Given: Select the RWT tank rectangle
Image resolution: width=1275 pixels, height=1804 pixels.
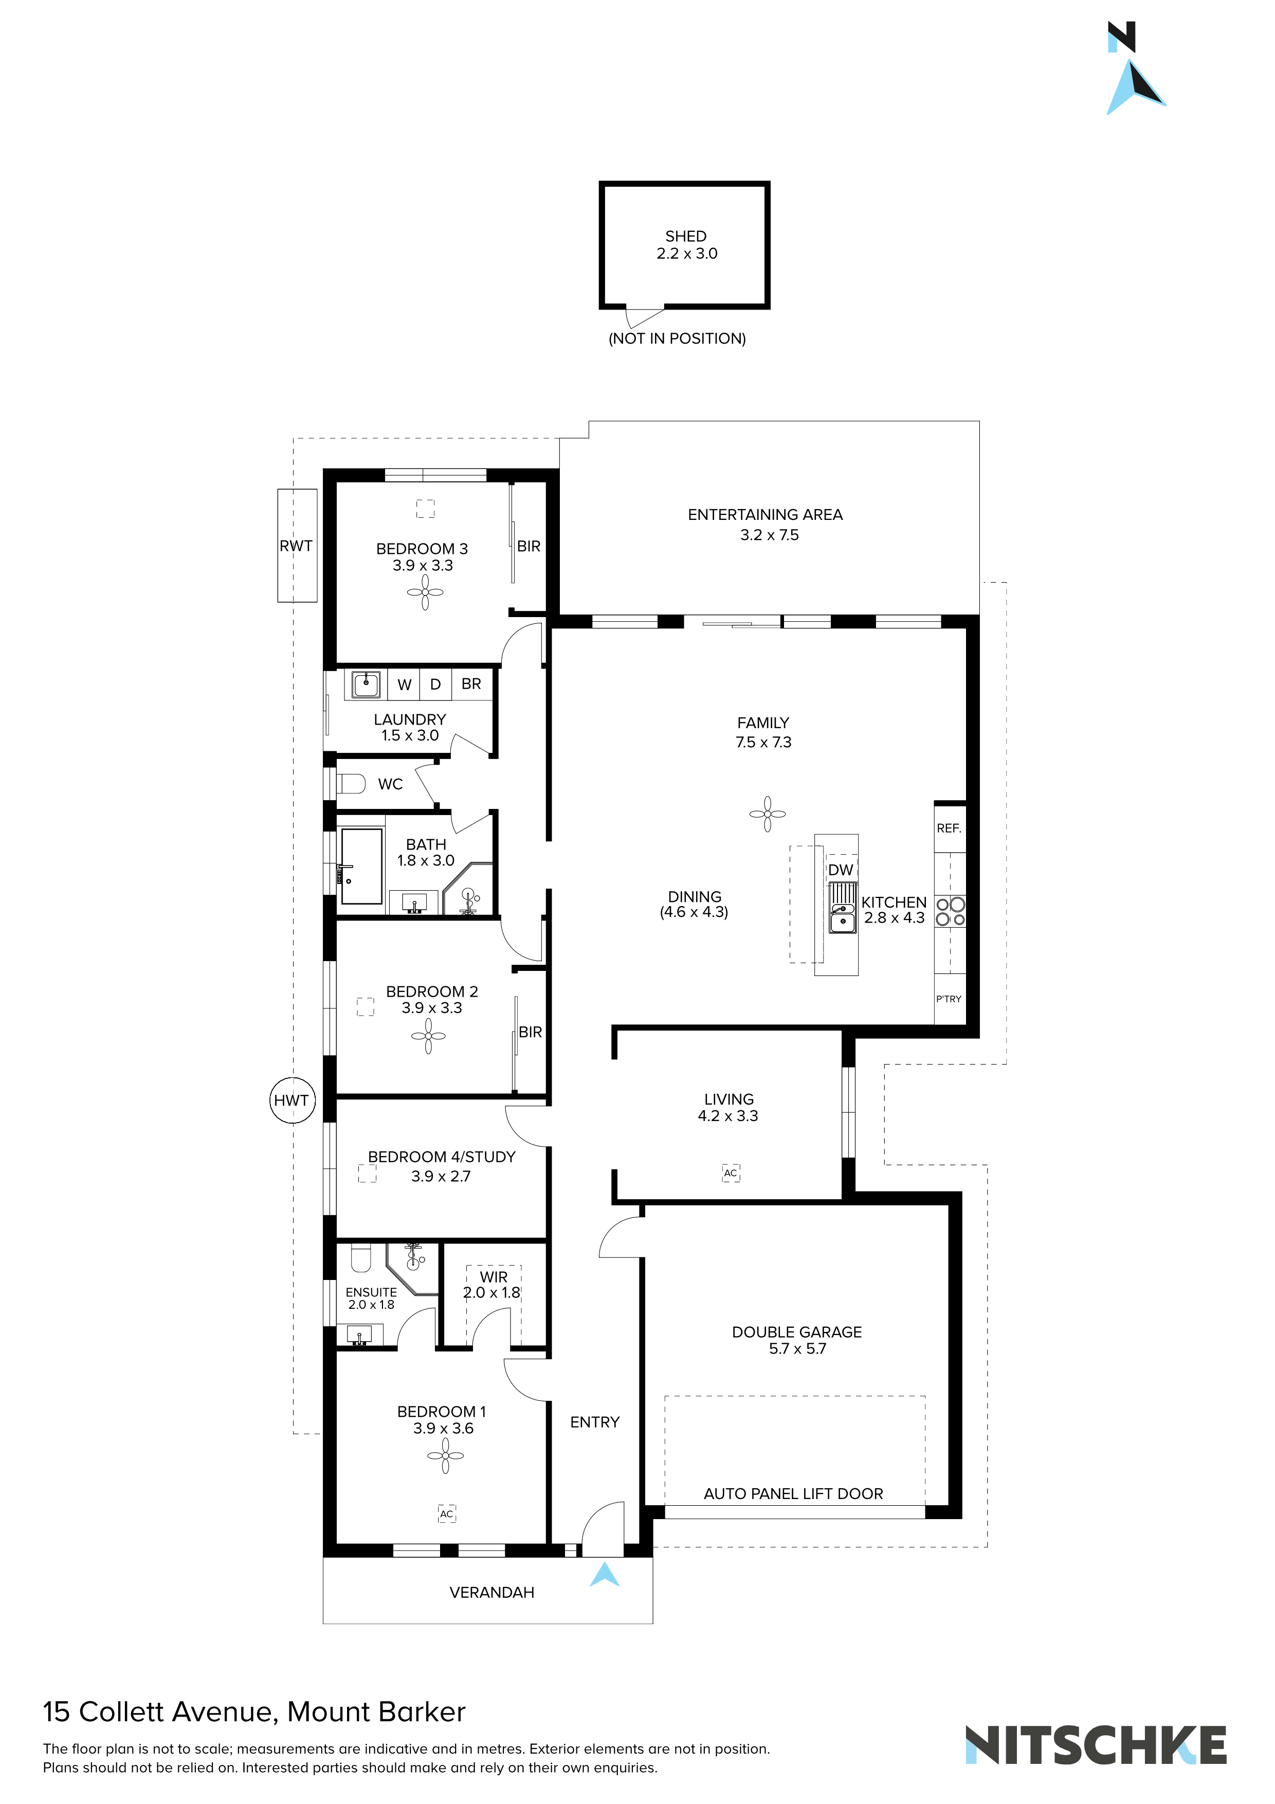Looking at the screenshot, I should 297,545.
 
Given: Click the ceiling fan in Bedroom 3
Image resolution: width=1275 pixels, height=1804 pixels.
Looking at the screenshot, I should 425,591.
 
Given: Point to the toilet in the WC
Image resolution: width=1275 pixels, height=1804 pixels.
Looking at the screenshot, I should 352,783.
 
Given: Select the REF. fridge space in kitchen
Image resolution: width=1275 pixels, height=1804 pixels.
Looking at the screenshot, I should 949,828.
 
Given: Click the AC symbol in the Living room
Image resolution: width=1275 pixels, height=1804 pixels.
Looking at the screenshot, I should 731,1173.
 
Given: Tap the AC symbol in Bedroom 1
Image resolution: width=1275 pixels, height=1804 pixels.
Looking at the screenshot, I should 446,1513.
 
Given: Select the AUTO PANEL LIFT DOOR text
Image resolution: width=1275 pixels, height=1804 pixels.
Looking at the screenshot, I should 793,1493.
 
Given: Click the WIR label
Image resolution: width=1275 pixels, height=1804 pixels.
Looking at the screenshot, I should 494,1277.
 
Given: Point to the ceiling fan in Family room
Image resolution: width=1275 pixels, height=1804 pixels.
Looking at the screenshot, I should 768,814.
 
